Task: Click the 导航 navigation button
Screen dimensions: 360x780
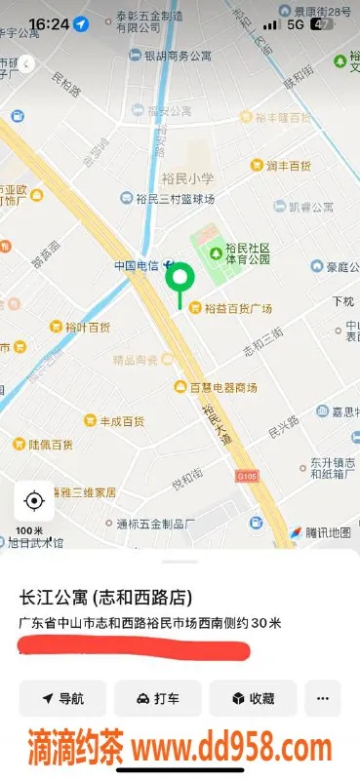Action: click(x=62, y=698)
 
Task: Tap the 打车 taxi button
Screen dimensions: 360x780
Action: click(x=158, y=698)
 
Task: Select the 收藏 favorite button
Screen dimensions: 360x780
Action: click(x=253, y=698)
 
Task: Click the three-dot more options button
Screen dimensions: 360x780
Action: click(x=323, y=698)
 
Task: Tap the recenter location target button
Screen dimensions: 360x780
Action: click(x=34, y=501)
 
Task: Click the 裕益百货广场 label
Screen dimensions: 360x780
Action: click(x=237, y=309)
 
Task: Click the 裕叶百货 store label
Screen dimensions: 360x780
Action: click(x=87, y=327)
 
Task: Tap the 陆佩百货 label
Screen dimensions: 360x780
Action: click(x=51, y=444)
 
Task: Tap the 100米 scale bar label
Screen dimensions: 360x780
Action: click(x=31, y=531)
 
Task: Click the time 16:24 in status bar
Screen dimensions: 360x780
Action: click(x=49, y=22)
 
